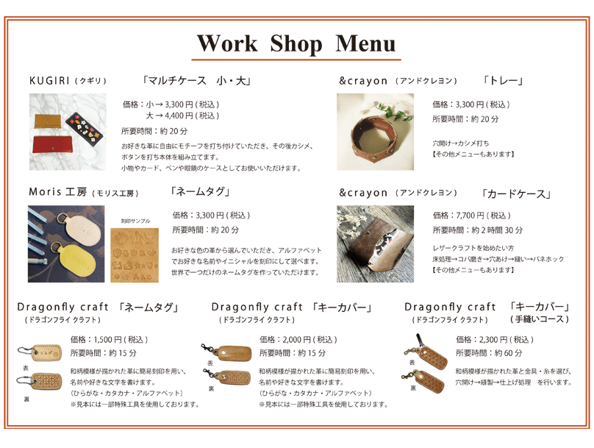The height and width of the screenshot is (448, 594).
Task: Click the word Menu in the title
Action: click(x=365, y=43)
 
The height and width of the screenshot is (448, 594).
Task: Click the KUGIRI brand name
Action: click(x=49, y=81)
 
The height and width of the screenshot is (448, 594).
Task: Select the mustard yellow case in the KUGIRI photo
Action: click(x=49, y=121)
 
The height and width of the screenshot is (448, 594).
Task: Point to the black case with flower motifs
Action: click(x=84, y=127)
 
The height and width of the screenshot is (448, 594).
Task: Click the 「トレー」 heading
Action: click(x=503, y=81)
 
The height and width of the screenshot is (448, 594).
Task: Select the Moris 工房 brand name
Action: click(x=58, y=192)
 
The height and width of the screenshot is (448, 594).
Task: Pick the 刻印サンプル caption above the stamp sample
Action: click(x=135, y=221)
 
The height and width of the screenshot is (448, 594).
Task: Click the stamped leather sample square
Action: click(x=135, y=255)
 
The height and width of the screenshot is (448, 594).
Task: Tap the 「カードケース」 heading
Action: click(x=515, y=194)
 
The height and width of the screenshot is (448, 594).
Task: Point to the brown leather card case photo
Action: click(x=375, y=244)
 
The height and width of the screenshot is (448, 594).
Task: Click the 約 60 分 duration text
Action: click(x=509, y=353)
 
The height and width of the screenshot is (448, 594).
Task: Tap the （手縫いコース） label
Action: click(x=540, y=319)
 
